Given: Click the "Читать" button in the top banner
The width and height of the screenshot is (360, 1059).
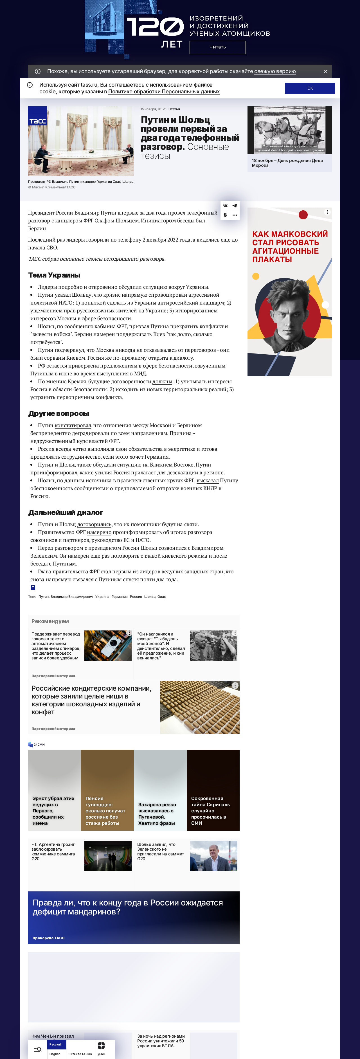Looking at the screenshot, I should [217, 47].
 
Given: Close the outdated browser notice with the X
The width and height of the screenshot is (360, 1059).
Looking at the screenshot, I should [325, 71].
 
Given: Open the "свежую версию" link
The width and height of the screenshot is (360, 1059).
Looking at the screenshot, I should [275, 71].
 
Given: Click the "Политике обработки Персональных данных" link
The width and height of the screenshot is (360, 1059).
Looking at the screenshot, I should [164, 92].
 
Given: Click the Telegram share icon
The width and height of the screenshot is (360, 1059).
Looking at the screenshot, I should [235, 206].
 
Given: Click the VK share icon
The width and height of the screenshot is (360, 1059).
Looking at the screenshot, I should [225, 206].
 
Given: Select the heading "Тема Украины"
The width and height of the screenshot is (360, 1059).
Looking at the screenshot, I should [54, 275].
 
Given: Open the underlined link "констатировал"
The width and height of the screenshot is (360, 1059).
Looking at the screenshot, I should [73, 425].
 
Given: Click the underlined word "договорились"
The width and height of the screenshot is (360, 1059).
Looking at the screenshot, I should [94, 524].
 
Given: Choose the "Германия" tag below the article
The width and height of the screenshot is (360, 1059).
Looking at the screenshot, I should [120, 596].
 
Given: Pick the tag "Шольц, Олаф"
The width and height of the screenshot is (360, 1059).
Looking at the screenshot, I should [155, 596].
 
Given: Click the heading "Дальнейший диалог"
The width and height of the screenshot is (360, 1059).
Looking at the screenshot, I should [66, 512].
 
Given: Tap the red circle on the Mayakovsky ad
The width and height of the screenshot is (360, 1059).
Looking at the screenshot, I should [303, 214].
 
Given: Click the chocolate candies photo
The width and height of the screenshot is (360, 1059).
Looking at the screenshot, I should [200, 707].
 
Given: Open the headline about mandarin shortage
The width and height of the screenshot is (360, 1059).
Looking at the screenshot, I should [127, 907].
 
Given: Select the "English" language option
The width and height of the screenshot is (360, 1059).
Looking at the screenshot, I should [55, 1054].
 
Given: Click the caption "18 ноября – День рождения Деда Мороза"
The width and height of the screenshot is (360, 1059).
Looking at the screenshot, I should [287, 163].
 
